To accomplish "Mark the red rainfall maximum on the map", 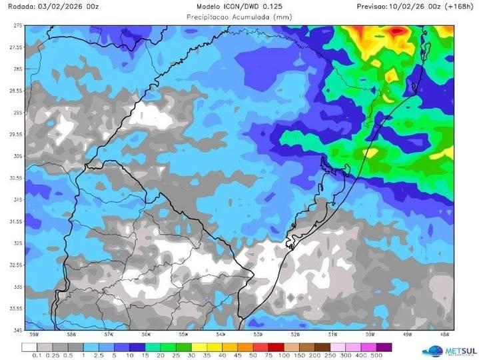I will pos(398,30).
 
